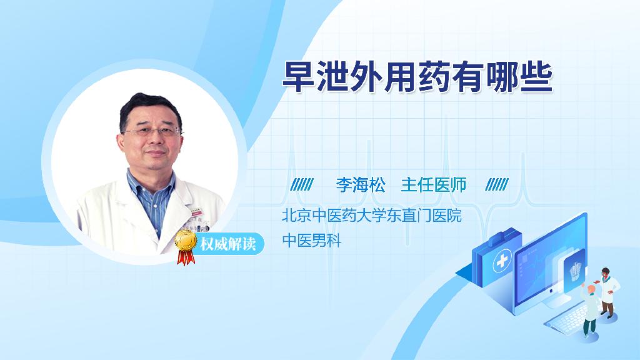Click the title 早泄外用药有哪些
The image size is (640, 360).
point(417,77)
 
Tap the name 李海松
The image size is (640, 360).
point(361,185)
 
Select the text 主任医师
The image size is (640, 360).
point(434,185)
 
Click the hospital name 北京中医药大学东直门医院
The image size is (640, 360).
point(371,216)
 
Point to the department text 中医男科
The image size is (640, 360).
point(311,241)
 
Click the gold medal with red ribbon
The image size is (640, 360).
point(186,246)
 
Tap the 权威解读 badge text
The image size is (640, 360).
point(227,244)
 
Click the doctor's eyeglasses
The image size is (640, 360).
point(152,131)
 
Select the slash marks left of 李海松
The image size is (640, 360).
point(302,184)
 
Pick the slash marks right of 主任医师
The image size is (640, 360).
point(497,184)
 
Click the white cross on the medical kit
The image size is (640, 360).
point(502,261)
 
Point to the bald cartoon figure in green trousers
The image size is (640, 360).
point(590,310)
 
